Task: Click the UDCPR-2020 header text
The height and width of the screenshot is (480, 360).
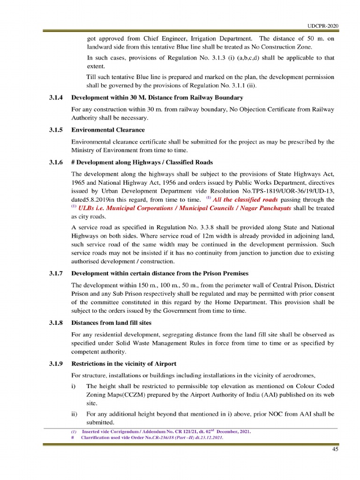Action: point(323,26)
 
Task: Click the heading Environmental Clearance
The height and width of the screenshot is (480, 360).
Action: point(108,130)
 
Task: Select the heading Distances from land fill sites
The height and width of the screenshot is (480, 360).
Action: point(111,322)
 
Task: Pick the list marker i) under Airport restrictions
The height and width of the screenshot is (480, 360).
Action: point(73,386)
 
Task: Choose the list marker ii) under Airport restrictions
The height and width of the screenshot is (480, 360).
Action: point(74,414)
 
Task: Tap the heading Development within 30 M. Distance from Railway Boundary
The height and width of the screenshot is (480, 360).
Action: point(157,97)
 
